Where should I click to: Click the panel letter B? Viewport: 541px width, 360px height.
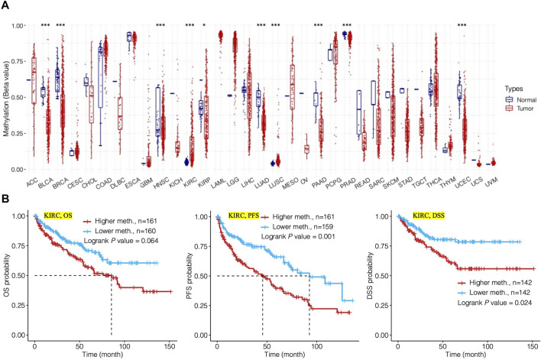[x=6, y=198]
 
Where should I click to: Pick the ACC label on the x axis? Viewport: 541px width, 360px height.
[x=31, y=182]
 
